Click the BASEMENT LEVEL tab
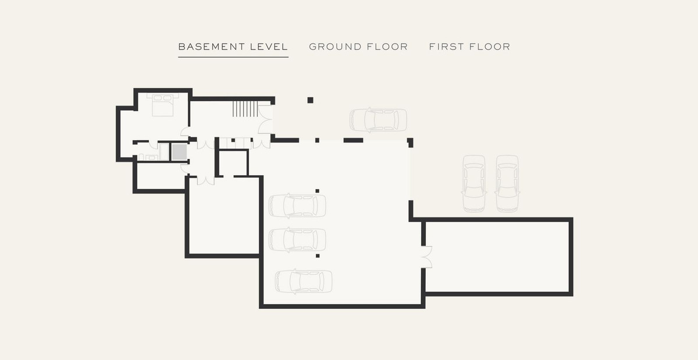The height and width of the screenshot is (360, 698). [x=233, y=47]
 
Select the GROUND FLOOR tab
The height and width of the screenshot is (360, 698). [x=358, y=47]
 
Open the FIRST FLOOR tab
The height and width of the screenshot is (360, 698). [x=469, y=47]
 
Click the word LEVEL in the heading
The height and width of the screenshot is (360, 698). [x=269, y=47]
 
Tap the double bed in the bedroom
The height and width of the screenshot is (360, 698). [x=163, y=105]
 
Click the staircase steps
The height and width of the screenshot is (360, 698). [x=245, y=109]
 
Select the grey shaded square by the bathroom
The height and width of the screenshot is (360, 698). [x=179, y=151]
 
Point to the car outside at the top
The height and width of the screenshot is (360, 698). [x=378, y=120]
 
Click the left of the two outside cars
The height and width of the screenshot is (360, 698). [x=474, y=184]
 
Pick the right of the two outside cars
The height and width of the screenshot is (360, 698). [x=508, y=184]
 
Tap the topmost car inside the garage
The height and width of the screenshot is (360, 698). [x=297, y=206]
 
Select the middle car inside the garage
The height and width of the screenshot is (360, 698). [x=297, y=240]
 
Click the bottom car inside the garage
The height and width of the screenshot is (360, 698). [x=304, y=281]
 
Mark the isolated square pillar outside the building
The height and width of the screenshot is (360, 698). [x=311, y=100]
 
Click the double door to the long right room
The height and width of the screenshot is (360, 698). [x=427, y=257]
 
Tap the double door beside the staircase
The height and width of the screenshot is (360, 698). [x=265, y=119]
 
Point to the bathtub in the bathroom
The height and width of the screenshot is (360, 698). [x=164, y=151]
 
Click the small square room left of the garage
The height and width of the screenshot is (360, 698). [x=233, y=163]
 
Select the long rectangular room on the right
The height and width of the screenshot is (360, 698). [x=497, y=257]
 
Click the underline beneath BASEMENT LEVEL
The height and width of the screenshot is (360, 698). [x=233, y=57]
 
